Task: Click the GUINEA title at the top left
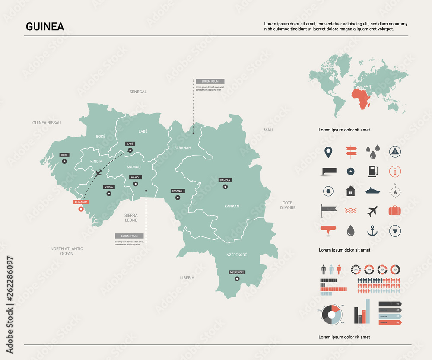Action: point(45,27)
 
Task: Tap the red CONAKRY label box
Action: point(81,202)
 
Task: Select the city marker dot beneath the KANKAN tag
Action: point(225,187)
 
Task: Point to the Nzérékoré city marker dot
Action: point(237,279)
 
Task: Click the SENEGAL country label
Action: point(138,92)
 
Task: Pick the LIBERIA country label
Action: point(187,277)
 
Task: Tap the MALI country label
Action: point(268,130)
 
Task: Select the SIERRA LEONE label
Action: point(131,217)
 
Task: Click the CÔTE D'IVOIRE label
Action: point(288,205)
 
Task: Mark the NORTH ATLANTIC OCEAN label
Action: point(67,251)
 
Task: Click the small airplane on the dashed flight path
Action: point(98,173)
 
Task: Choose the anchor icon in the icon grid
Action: point(372,231)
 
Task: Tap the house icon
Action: point(350,191)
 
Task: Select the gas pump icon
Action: point(372,171)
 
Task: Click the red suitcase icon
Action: point(395,211)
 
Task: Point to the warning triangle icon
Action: point(395,151)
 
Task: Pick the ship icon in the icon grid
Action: point(372,191)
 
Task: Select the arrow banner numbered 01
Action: point(390,304)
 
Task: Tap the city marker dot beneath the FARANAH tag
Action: point(177,198)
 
